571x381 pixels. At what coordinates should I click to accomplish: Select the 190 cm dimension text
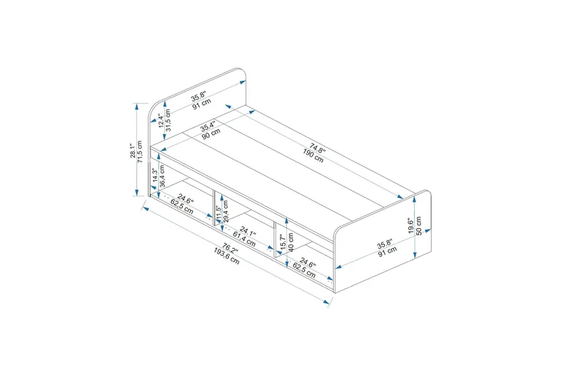[313, 155]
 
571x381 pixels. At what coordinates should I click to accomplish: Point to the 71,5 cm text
[140, 152]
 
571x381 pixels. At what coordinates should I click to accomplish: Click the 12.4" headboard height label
[161, 121]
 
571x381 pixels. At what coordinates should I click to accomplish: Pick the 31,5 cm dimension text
[168, 120]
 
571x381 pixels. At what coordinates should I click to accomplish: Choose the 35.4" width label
[208, 126]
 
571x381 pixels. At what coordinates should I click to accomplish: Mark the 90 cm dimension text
[211, 134]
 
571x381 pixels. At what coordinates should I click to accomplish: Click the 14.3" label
[155, 176]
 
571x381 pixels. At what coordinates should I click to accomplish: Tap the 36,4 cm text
[163, 176]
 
